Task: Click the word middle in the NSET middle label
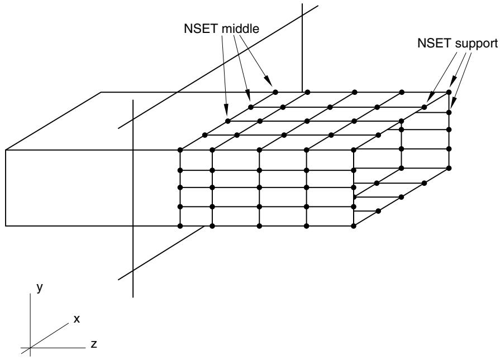click(240, 28)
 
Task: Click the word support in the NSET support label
click(477, 44)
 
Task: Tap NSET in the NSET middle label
click(201, 28)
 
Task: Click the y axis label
click(40, 287)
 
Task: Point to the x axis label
click(77, 319)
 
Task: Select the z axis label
click(94, 344)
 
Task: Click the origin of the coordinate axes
click(30, 348)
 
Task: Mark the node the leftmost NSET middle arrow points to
click(228, 121)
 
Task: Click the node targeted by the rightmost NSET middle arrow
click(275, 92)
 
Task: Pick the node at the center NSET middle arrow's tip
click(251, 107)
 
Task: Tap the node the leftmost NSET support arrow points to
click(425, 107)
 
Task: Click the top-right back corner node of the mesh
click(449, 92)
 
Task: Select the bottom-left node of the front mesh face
click(180, 226)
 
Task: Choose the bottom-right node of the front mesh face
click(354, 226)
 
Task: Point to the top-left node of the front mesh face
click(180, 150)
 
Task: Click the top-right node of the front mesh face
click(354, 150)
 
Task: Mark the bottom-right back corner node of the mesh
click(449, 168)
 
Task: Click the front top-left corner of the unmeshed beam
click(6, 150)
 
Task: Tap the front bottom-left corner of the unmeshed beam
click(6, 226)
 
